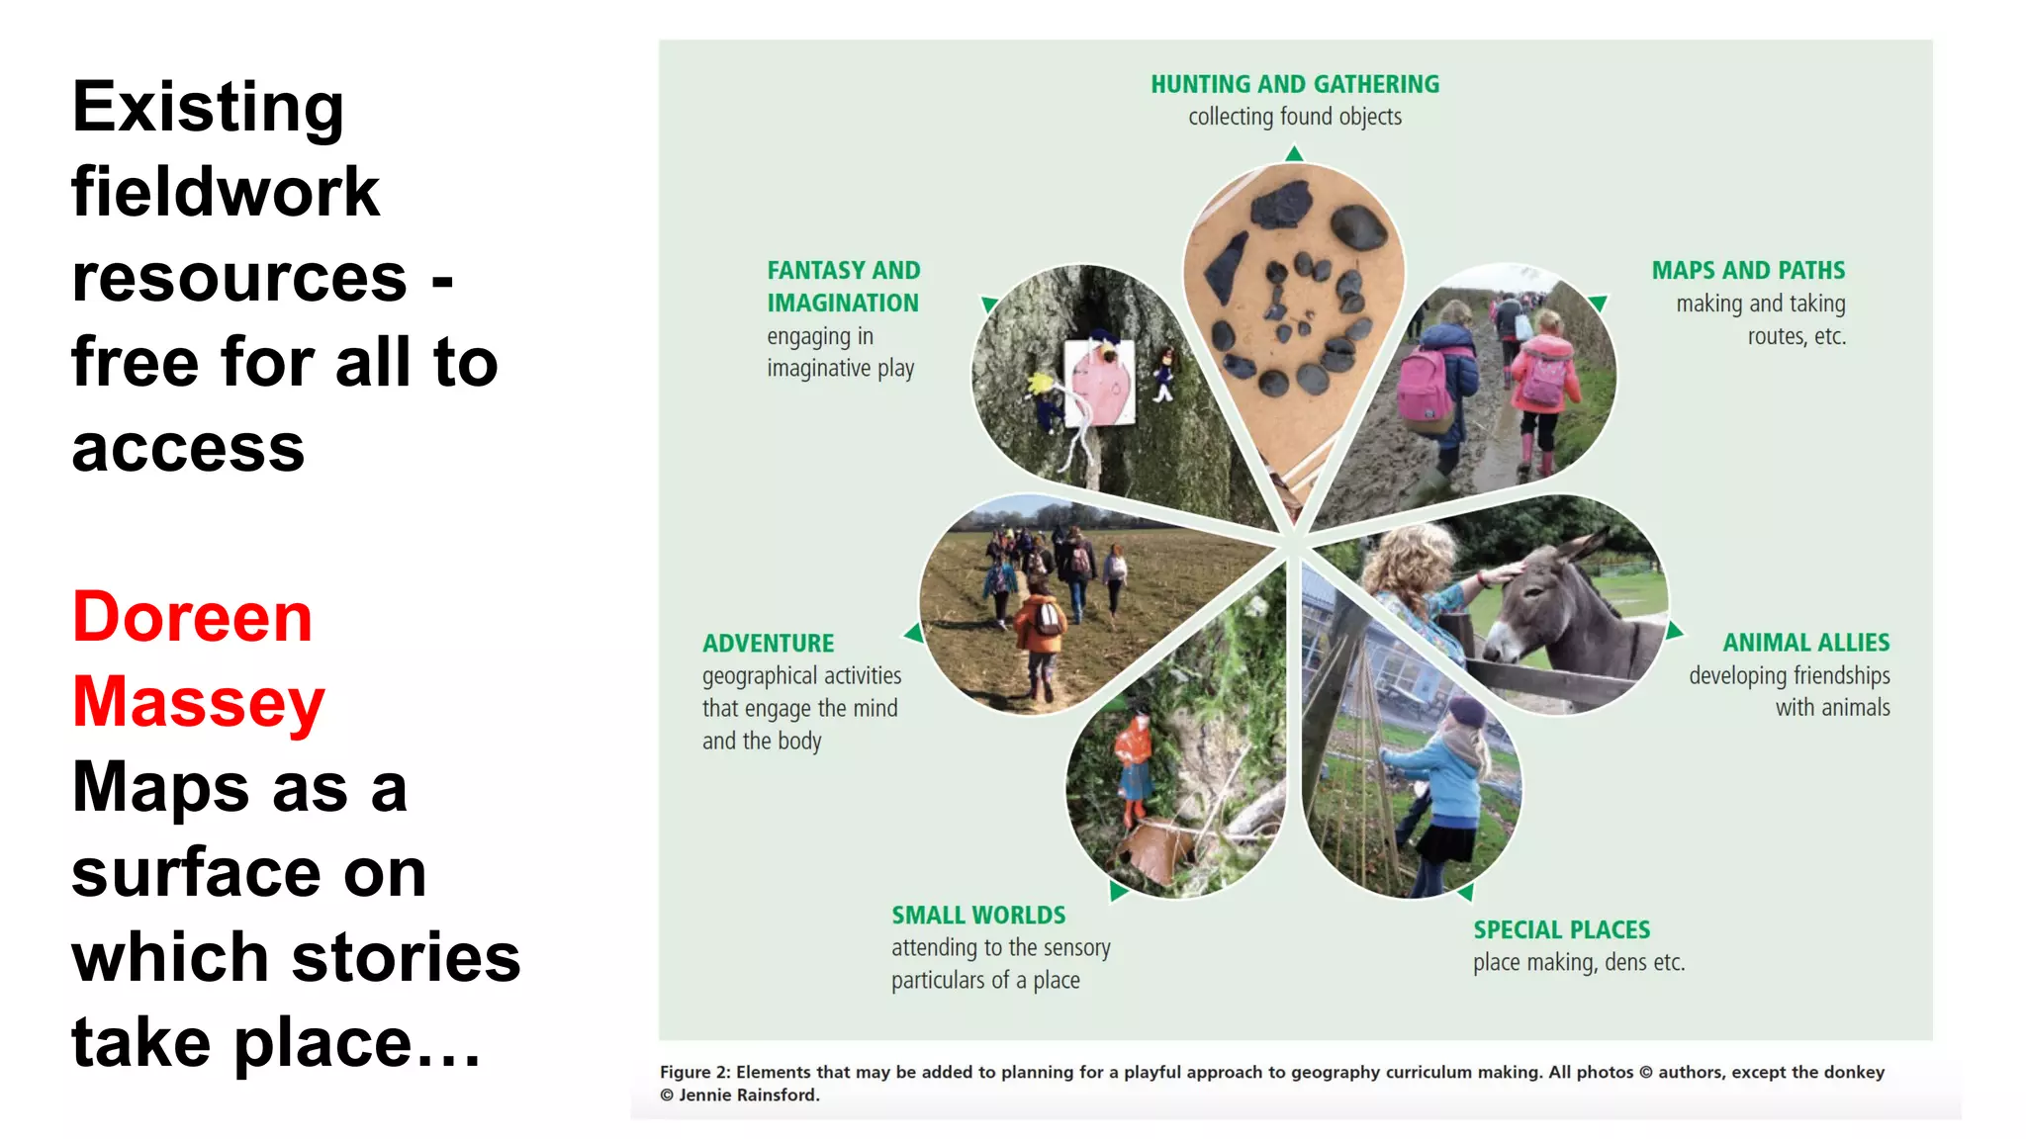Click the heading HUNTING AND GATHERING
(1294, 84)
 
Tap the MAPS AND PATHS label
(1748, 270)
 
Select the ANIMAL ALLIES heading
(1805, 643)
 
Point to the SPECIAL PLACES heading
(1561, 929)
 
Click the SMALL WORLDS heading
(978, 915)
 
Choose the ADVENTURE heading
(768, 644)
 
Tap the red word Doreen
(193, 617)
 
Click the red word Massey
(199, 702)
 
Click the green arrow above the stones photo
(1294, 153)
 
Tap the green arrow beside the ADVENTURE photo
(914, 633)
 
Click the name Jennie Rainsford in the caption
(749, 1095)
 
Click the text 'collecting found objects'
(1294, 117)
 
